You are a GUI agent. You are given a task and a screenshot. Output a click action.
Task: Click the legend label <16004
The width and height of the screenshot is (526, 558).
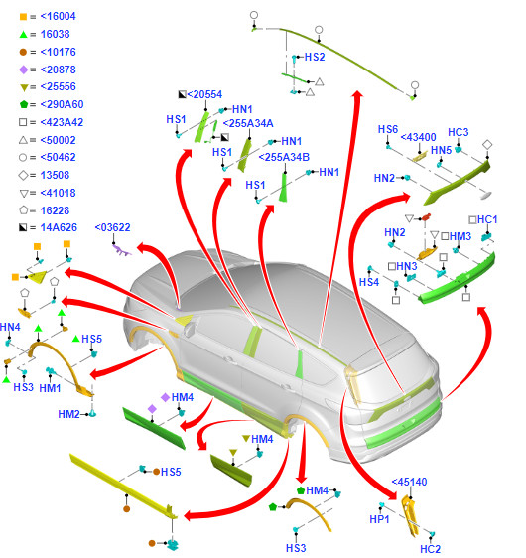[x=58, y=16]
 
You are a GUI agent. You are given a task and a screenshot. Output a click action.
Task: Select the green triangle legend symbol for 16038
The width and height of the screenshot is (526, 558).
[x=23, y=34]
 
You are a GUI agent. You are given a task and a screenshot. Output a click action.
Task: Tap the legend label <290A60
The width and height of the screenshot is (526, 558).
[x=62, y=104]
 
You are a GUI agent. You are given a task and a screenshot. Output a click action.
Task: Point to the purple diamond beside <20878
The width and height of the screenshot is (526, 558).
[x=23, y=70]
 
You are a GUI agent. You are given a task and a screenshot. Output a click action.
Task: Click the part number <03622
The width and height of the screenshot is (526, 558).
[x=113, y=227]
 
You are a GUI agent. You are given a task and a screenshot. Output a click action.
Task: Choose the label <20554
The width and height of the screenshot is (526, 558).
[x=204, y=94]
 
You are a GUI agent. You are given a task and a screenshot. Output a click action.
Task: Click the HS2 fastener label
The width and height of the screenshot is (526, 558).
[x=315, y=57]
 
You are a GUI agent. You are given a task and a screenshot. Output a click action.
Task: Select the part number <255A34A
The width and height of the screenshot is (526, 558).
[x=248, y=123]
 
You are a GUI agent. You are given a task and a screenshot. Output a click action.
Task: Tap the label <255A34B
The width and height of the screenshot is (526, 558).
[x=284, y=157]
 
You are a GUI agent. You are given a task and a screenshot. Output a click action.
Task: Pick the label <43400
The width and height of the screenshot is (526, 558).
[x=418, y=137]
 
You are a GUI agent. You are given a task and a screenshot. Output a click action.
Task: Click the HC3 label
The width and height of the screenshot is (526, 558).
[x=459, y=132]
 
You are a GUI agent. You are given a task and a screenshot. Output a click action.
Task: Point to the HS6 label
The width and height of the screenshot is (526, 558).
[x=388, y=129]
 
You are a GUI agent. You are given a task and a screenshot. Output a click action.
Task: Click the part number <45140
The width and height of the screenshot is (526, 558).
[x=409, y=482]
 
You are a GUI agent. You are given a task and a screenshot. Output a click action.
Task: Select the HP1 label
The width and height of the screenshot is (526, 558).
[x=379, y=519]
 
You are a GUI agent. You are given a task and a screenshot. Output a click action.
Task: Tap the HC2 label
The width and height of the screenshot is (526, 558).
[x=431, y=549]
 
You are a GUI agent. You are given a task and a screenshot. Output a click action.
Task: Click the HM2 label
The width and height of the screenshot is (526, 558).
[x=68, y=414]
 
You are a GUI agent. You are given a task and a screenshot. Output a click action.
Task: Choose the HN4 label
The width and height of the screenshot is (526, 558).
[x=10, y=327]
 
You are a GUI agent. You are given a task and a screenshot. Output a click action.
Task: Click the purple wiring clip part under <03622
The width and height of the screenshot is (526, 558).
[x=122, y=250]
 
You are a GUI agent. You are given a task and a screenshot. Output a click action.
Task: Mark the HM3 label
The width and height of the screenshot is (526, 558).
[x=460, y=236]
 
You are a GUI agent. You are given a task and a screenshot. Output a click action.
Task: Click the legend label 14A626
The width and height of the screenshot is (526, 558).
[x=59, y=227]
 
